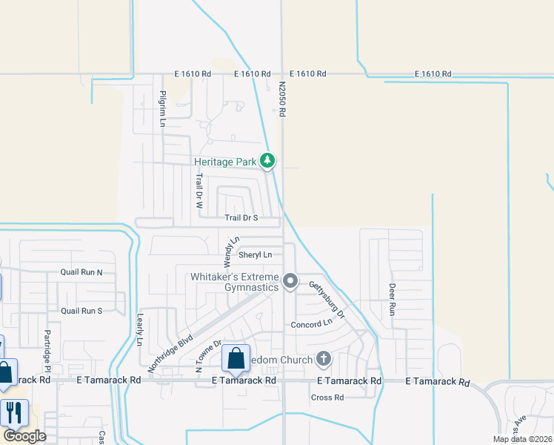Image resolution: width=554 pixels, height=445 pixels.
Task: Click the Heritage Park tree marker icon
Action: click(268, 161)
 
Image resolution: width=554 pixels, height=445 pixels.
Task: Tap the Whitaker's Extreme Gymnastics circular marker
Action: click(290, 282)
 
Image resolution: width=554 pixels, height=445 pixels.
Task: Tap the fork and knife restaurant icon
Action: click(14, 412)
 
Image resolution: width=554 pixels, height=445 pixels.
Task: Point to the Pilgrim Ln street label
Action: click(161, 108)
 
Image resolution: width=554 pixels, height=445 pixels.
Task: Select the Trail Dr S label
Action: click(241, 218)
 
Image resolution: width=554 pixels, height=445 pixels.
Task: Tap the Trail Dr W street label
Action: click(198, 190)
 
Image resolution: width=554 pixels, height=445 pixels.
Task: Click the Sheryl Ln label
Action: click(256, 255)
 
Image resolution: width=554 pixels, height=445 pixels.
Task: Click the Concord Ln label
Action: click(311, 325)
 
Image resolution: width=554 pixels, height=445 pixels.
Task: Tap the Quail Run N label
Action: click(81, 272)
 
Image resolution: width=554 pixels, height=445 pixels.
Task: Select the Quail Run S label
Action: click(81, 311)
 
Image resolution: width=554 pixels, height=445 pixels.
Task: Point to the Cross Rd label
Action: click(327, 398)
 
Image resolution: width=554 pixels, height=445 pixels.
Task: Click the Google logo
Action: click(24, 436)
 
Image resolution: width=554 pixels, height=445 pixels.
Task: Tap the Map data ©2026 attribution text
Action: click(522, 439)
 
